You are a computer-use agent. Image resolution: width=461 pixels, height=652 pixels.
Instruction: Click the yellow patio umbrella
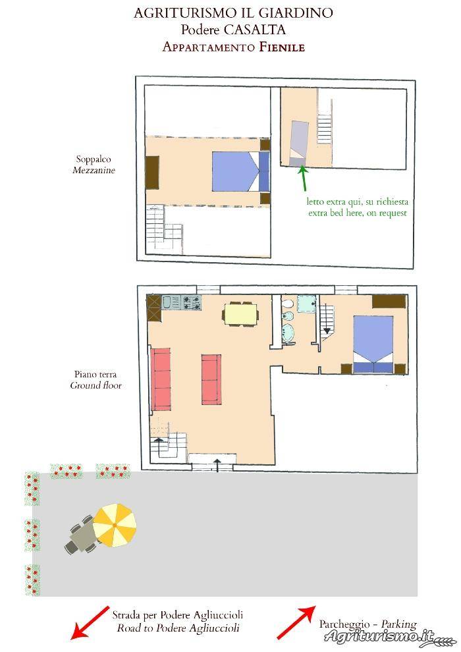pyautogui.click(x=115, y=525)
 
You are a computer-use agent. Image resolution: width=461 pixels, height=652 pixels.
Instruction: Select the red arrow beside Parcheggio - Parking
pyautogui.click(x=296, y=622)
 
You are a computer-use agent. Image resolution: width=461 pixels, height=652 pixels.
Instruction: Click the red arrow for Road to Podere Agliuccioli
pyautogui.click(x=90, y=622)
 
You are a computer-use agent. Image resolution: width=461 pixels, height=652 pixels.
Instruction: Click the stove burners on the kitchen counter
pyautogui.click(x=191, y=302)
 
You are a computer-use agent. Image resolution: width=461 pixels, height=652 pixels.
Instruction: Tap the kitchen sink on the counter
pyautogui.click(x=171, y=302)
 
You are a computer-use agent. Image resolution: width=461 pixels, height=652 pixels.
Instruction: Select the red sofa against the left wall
pyautogui.click(x=161, y=379)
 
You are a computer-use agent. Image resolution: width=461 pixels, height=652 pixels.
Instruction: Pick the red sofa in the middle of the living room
pyautogui.click(x=211, y=379)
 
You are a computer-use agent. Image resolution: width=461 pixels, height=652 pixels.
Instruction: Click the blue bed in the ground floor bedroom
pyautogui.click(x=373, y=344)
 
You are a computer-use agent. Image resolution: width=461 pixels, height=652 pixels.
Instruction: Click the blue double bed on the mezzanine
pyautogui.click(x=240, y=171)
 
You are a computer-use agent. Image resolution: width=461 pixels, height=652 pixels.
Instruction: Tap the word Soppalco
pyautogui.click(x=93, y=159)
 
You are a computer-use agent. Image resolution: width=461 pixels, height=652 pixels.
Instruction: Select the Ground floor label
pyautogui.click(x=95, y=385)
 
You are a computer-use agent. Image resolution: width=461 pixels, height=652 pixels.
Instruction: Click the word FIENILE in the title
pyautogui.click(x=283, y=47)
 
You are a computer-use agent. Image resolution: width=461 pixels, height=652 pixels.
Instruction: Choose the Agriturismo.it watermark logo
pyautogui.click(x=385, y=637)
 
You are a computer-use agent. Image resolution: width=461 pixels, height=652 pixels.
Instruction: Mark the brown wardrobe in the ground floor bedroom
pyautogui.click(x=389, y=302)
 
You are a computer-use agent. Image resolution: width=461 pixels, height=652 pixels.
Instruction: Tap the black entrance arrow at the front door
pyautogui.click(x=217, y=466)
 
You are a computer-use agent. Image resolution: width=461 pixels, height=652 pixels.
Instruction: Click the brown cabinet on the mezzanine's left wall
pyautogui.click(x=153, y=172)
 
